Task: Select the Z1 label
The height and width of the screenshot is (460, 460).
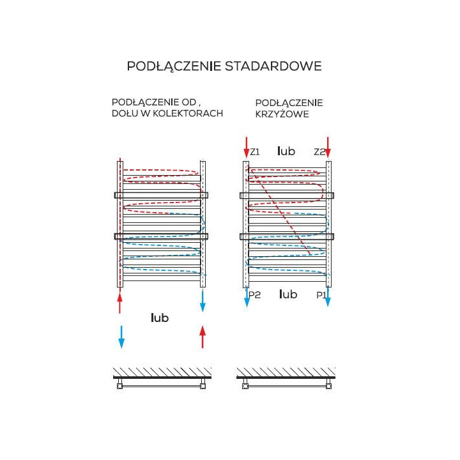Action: point(255,152)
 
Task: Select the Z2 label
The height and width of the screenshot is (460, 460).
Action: point(319,152)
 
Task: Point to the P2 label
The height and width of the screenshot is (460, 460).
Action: point(254,295)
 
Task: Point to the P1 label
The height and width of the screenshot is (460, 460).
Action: point(321,295)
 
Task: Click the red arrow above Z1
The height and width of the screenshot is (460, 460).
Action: point(246,146)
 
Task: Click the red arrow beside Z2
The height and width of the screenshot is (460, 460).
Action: point(328,146)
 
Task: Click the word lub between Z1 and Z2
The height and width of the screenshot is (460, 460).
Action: point(286,151)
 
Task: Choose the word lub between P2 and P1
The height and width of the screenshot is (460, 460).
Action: point(289,295)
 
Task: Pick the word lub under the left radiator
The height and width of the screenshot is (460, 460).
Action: point(160,318)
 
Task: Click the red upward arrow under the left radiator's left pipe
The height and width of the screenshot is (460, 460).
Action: point(119,302)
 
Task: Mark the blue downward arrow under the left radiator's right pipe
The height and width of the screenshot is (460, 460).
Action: point(203,300)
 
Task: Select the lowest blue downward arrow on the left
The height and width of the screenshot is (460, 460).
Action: point(121,336)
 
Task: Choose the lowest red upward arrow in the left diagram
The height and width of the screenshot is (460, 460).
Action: point(203,337)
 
